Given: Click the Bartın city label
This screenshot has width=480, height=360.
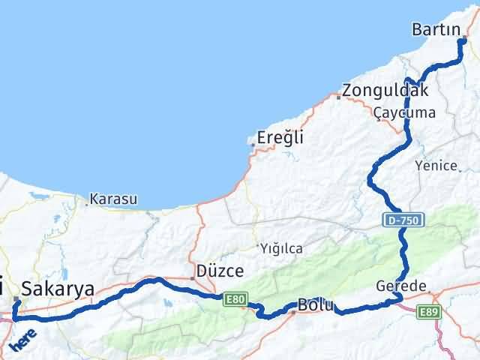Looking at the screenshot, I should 437,30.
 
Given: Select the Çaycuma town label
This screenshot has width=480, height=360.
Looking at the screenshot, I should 404,112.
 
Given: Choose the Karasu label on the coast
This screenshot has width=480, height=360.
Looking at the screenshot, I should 113,199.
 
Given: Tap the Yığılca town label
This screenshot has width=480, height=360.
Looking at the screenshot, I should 280,247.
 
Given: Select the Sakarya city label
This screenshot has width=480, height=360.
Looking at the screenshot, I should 58,289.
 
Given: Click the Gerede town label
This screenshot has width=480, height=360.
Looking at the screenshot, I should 402,287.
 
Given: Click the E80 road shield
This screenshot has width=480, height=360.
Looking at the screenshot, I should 234,299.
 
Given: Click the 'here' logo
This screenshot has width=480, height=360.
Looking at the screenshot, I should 22,337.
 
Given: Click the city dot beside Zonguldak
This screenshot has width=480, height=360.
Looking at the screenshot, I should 339,96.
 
